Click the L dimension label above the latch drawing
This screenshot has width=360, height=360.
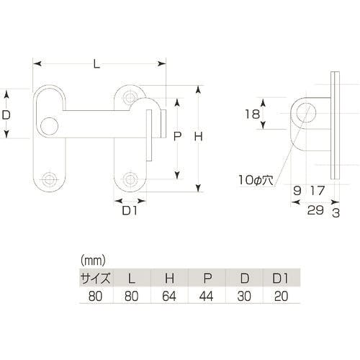coord(96,65)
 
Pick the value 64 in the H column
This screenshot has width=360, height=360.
coord(168,294)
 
